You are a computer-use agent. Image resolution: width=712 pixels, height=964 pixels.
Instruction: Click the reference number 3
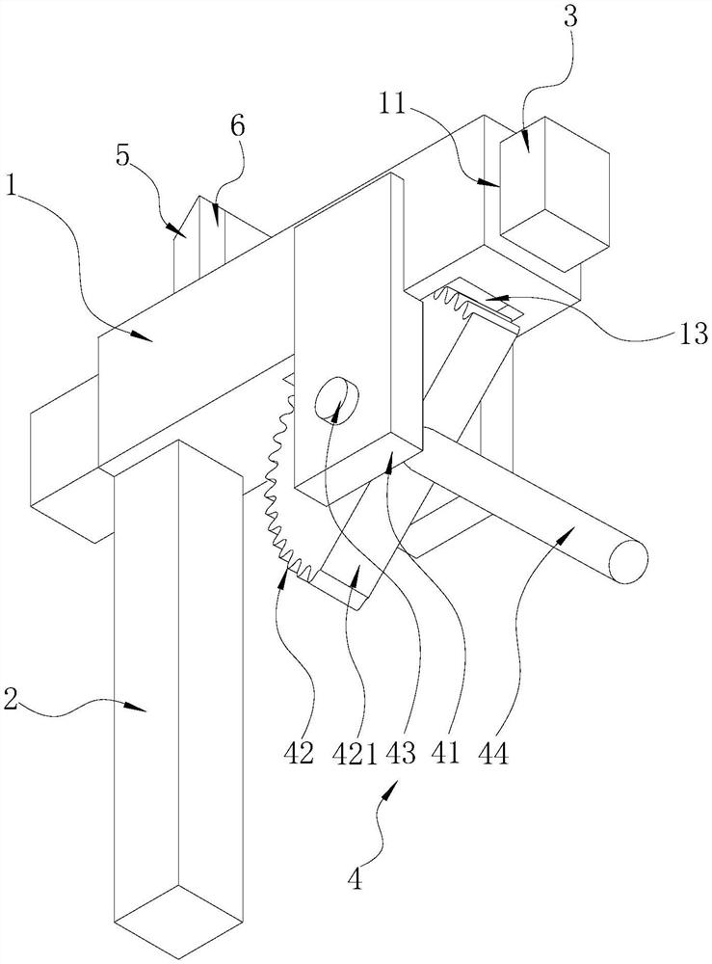(570, 16)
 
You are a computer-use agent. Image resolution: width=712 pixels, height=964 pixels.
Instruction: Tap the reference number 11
(391, 104)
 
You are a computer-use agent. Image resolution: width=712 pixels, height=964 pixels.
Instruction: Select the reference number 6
(238, 125)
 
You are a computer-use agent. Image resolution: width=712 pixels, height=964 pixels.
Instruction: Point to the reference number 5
(124, 155)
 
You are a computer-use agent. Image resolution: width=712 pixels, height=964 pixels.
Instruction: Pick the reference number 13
(696, 335)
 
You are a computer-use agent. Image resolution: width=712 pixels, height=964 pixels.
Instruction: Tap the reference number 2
(11, 700)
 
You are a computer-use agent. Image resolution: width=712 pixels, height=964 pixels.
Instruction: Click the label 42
(300, 753)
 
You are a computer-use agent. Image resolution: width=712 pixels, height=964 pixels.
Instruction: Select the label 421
(356, 753)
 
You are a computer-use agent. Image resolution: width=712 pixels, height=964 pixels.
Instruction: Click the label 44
(493, 753)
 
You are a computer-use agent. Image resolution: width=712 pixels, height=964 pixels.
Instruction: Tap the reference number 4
(355, 879)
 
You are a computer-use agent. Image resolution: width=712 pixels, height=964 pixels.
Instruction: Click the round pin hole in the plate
(336, 398)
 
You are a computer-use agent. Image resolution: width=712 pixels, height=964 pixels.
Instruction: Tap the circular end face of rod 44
(628, 560)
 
